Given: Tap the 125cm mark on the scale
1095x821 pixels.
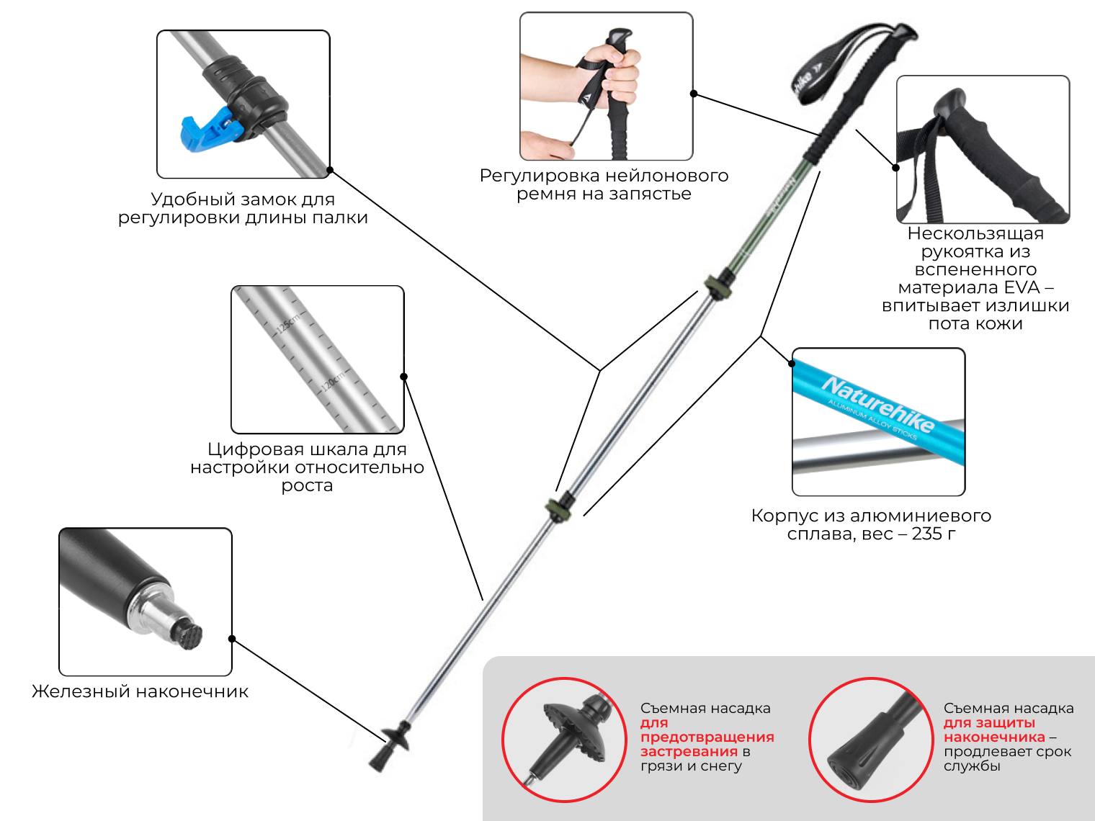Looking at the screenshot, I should pos(288,323).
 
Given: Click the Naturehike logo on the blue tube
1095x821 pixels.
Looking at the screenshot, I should pos(878,404).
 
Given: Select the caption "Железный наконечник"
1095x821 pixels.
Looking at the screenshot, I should pos(140,691).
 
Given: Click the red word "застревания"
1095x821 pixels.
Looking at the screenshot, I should pos(689,751).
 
